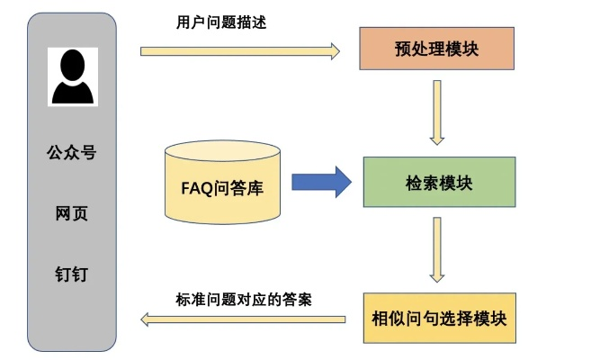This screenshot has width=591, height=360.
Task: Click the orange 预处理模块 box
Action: pos(436,49)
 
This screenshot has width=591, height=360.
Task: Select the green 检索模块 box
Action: pos(439,183)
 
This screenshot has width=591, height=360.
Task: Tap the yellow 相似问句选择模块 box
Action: pos(439,318)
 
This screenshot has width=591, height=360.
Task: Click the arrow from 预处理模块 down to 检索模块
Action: pos(437,112)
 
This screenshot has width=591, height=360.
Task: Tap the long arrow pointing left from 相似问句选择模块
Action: pos(243,318)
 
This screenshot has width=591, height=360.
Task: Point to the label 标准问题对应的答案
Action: pos(242,298)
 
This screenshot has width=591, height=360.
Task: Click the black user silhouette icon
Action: pos(72,78)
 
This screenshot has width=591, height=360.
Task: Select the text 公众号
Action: pos(71,153)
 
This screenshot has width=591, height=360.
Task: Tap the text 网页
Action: pos(71,213)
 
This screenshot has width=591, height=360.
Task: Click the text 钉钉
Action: pos(71,273)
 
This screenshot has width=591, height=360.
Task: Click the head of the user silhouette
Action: pos(72,65)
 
